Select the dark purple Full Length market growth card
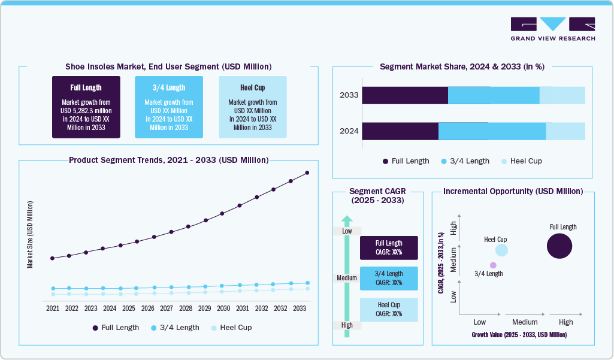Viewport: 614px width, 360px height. point(86,107)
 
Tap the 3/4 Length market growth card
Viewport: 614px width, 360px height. point(169,107)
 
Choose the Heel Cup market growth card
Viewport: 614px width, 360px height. point(252,107)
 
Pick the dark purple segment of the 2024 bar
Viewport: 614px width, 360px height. point(400,131)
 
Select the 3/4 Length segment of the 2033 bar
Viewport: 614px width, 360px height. point(494,96)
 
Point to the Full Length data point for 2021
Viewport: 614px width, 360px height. point(53,258)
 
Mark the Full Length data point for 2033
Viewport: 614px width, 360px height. point(307,173)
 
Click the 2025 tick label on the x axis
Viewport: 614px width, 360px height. point(129,308)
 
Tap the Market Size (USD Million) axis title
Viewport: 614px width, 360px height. point(29,234)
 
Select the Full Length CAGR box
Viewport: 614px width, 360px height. point(389,247)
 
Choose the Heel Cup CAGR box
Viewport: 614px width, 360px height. point(389,309)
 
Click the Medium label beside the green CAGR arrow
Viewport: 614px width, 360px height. point(347,278)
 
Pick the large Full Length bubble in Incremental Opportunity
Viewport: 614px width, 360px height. point(559,246)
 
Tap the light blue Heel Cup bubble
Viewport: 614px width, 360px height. point(501,250)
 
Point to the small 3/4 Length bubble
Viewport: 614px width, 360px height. point(493,265)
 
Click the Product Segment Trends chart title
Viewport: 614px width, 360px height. point(168,161)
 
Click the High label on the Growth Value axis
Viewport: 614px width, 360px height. point(565,322)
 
